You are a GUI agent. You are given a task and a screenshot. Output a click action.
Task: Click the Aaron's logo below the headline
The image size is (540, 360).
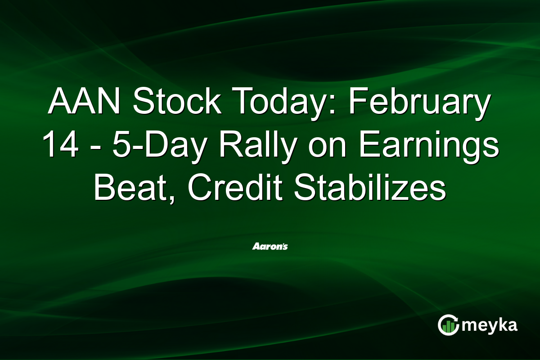click(x=270, y=247)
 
